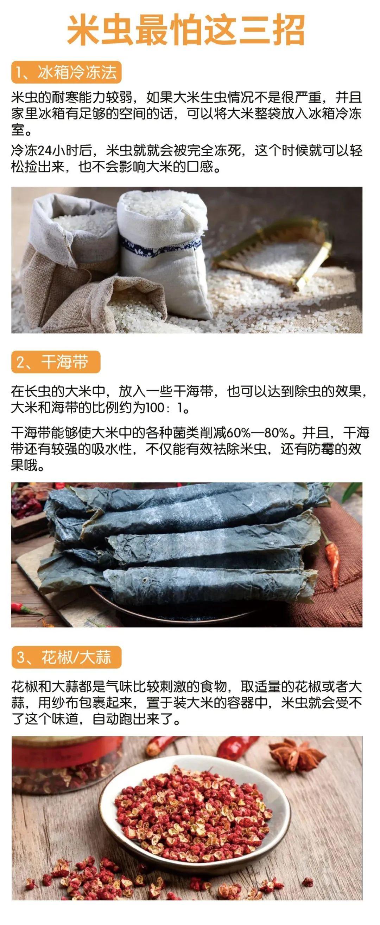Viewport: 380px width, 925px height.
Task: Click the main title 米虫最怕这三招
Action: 186,30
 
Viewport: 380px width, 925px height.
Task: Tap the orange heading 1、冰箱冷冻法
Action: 66,72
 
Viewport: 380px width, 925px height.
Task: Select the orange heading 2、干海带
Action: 56,361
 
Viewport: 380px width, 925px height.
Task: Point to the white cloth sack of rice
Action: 164,251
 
